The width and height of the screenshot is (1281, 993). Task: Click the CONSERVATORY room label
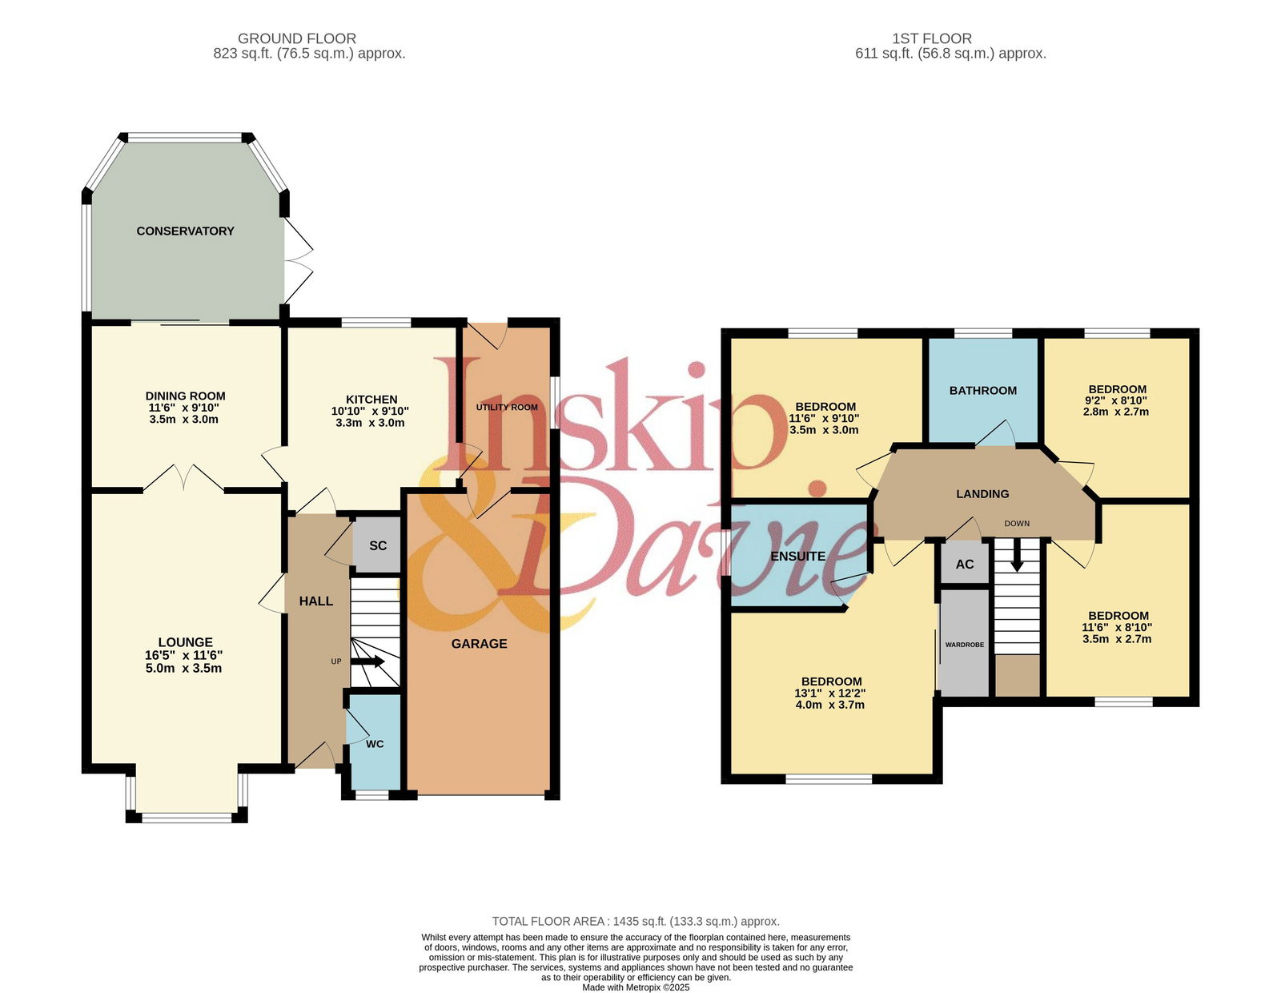click(x=185, y=231)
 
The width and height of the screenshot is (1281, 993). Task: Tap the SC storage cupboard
click(x=377, y=545)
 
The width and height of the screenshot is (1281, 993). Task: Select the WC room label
click(x=375, y=744)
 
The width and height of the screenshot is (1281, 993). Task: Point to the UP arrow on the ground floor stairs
click(x=367, y=661)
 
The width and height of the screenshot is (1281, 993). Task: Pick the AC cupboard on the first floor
click(x=965, y=564)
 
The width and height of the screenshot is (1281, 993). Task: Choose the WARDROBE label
click(x=965, y=645)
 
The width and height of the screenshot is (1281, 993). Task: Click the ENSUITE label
click(x=798, y=556)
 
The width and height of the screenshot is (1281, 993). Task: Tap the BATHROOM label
click(x=982, y=390)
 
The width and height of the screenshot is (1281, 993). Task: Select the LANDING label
click(x=982, y=494)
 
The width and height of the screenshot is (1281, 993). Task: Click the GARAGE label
click(x=480, y=644)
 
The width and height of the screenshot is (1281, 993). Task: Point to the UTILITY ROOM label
click(x=507, y=407)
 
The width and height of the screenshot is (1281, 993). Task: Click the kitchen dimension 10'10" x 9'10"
click(x=370, y=411)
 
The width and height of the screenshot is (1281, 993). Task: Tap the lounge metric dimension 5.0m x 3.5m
click(x=184, y=668)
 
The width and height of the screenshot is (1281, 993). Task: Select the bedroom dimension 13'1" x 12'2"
click(x=830, y=693)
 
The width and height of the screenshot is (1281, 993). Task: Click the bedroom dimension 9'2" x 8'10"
click(x=1116, y=400)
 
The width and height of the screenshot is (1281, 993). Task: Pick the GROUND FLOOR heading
click(x=297, y=38)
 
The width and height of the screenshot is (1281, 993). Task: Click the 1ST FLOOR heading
click(x=932, y=38)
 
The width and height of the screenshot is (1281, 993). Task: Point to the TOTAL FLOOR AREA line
click(x=636, y=921)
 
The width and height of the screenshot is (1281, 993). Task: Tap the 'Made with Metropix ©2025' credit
click(x=636, y=987)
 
